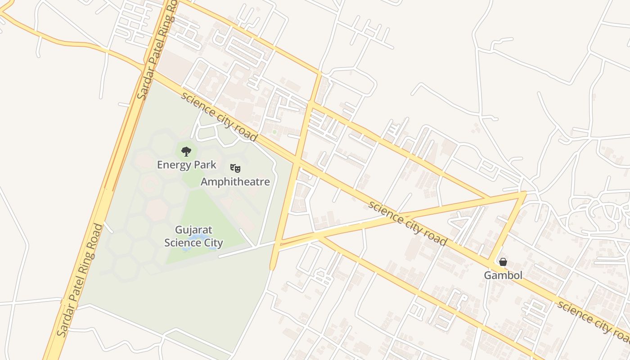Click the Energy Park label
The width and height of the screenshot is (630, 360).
tap(186, 165)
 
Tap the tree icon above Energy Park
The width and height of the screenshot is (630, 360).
tap(186, 151)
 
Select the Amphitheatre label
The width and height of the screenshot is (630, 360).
tap(235, 182)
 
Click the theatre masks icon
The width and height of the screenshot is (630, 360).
tap(235, 168)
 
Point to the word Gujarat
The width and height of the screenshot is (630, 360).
tap(194, 230)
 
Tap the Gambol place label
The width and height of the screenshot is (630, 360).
tap(503, 275)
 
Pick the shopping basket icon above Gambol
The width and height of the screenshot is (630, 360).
tap(503, 262)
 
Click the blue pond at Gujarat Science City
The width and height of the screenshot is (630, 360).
tap(198, 237)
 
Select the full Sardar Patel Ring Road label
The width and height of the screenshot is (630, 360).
tap(80, 280)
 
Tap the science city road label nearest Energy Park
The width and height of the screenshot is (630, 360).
tap(219, 116)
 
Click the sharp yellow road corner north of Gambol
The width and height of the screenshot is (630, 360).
tap(525, 193)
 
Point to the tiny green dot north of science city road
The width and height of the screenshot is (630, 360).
tap(274, 132)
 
